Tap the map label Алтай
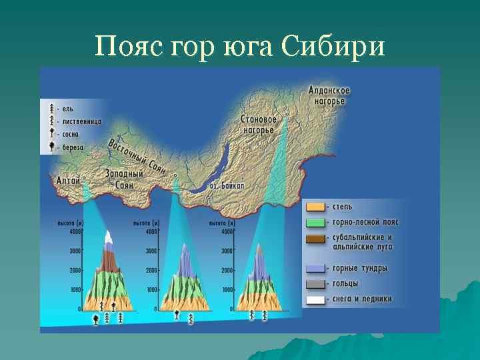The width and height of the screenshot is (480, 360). click(69, 180)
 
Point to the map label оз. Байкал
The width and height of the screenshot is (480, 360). click(227, 185)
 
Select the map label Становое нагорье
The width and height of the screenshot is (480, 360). click(258, 124)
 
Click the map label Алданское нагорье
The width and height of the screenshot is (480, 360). click(329, 95)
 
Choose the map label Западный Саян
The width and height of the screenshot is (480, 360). click(124, 179)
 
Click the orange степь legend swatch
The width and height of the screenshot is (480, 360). click(315, 207)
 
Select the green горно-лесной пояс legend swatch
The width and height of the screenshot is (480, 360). click(315, 223)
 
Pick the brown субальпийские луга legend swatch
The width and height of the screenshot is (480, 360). click(315, 239)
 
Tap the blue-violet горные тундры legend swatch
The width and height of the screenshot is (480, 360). click(315, 269)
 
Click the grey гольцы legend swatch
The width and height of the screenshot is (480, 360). click(315, 284)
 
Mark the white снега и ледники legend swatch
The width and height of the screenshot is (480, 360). click(315, 299)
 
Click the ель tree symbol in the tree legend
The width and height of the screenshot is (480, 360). click(51, 108)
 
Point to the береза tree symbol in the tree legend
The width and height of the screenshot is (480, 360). click(51, 147)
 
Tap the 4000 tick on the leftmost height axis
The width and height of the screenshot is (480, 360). click(75, 231)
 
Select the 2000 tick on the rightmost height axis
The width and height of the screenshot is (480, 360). click(227, 271)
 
